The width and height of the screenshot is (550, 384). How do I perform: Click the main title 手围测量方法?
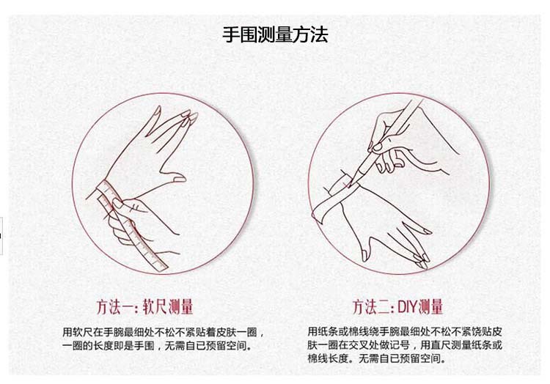click(x=275, y=34)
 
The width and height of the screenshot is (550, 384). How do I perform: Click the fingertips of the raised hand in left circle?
click(x=187, y=115)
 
